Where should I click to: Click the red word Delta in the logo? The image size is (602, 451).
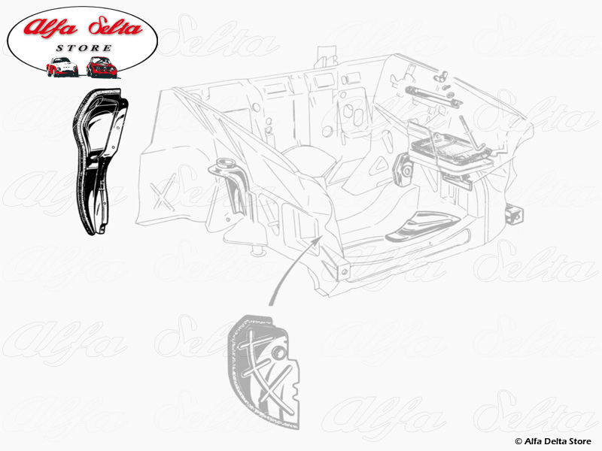click(115, 26)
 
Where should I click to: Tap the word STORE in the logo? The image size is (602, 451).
click(84, 48)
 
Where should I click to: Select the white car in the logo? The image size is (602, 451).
click(62, 67)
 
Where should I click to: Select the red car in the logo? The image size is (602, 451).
click(102, 67)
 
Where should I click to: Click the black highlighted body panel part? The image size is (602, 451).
click(99, 161)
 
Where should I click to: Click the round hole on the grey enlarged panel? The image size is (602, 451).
click(279, 353)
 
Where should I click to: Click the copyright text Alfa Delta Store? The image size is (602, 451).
click(553, 441)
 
